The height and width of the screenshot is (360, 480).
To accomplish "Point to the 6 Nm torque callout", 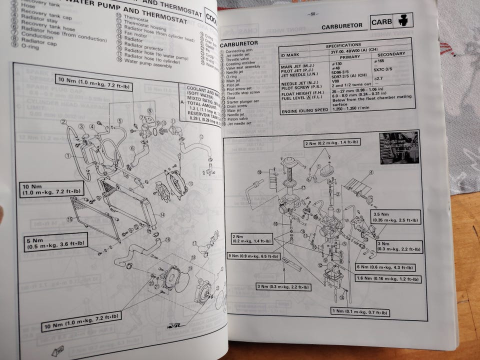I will tap(385, 267).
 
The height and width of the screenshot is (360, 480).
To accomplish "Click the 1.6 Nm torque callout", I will tap(388, 278).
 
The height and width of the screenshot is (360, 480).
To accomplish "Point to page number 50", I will tap(313, 14).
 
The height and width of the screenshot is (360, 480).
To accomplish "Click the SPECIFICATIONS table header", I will tap(346, 45).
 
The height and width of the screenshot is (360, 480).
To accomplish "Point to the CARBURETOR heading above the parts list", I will tap(240, 43).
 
